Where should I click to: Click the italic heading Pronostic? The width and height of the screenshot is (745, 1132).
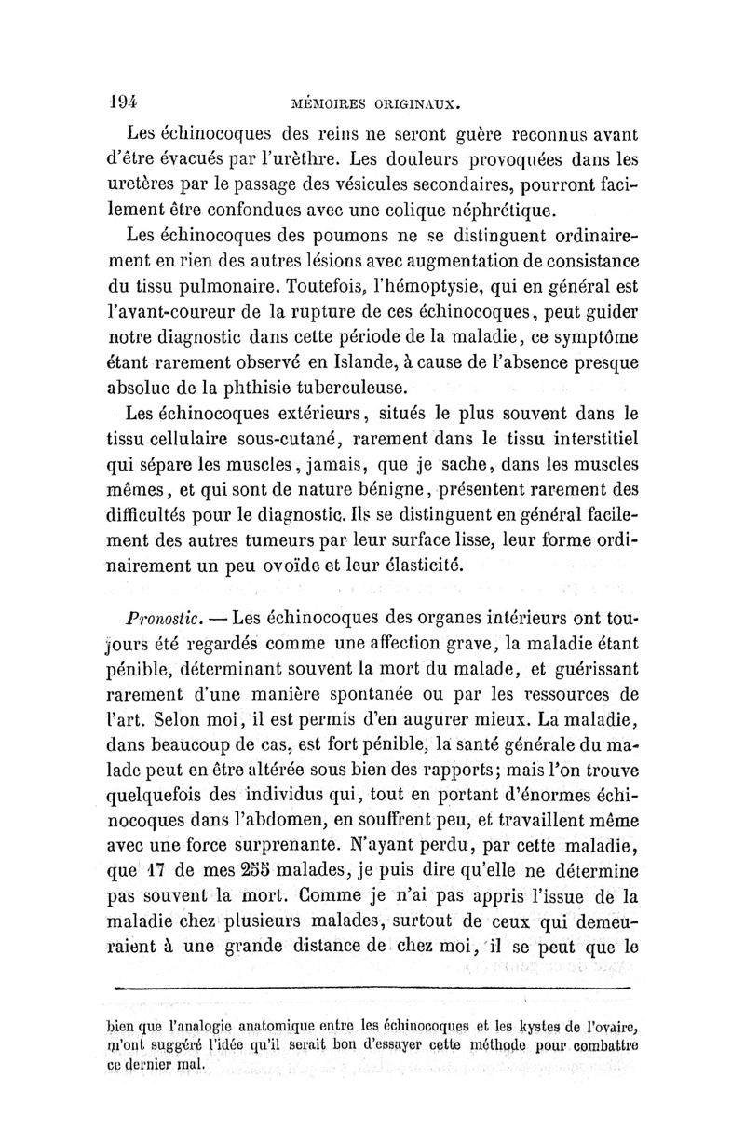[x=169, y=620]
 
